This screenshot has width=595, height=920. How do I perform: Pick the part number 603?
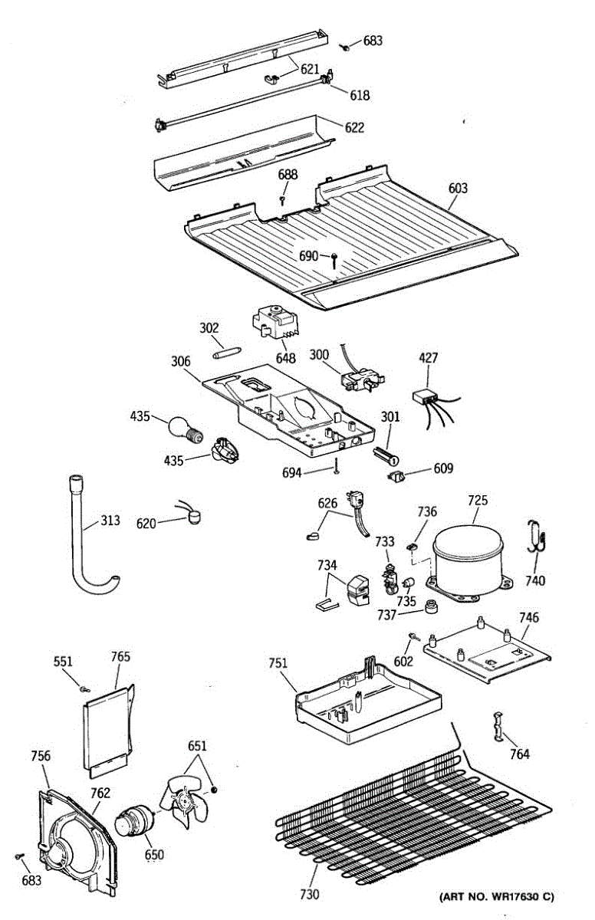459,188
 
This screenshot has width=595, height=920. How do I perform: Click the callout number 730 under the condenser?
310,894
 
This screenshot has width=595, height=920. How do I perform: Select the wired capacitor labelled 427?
427,396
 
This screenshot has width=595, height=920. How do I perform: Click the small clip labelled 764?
499,725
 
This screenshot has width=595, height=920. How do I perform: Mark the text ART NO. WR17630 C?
496,896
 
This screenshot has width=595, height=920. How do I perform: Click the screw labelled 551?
84,688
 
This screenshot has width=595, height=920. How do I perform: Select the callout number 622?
354,127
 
